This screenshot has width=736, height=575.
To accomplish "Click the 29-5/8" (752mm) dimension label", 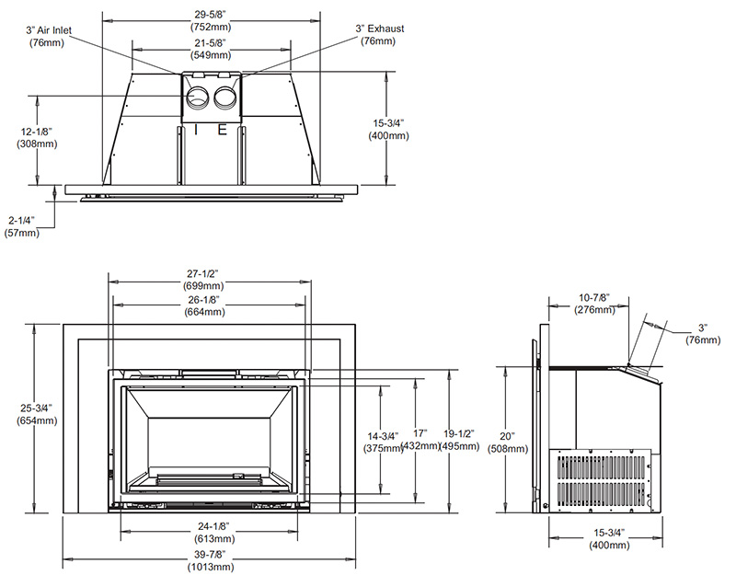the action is click(211, 21).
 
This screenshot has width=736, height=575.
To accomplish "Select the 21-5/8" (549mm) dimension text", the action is click(211, 49).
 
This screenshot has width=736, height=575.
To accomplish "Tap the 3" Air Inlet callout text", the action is click(49, 36).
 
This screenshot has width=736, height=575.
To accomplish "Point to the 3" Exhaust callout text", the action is click(379, 34).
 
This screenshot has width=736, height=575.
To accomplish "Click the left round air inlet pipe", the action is click(198, 98).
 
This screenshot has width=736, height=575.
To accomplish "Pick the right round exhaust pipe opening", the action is click(226, 98).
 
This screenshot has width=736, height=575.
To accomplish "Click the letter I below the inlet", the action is click(196, 129).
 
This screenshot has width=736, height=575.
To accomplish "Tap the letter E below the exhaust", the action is click(222, 129).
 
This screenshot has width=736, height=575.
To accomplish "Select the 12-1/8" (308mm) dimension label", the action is click(37, 137).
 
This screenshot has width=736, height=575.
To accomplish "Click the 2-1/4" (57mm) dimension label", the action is click(21, 226).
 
